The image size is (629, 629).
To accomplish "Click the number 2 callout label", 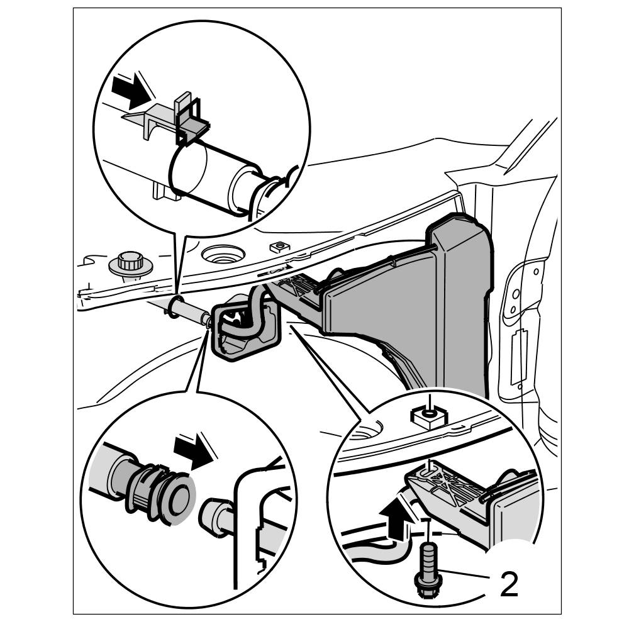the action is (508, 584).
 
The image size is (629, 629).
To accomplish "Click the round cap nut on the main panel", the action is (130, 263).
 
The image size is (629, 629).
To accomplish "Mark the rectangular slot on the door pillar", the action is (519, 355).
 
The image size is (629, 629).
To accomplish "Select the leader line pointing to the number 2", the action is (465, 574).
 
